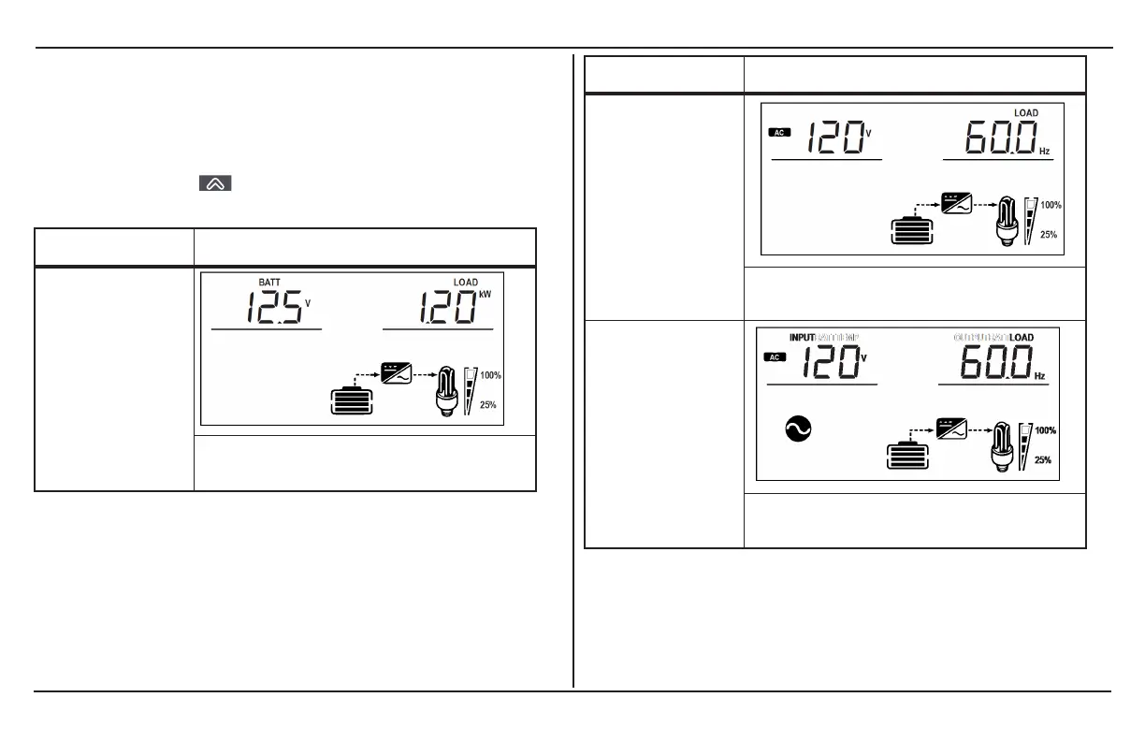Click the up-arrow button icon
(214, 184)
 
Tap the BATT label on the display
(270, 283)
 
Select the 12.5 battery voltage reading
(274, 308)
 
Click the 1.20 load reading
(448, 308)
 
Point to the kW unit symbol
(485, 295)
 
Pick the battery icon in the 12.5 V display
(352, 400)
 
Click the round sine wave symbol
(798, 429)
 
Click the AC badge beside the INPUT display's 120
(773, 356)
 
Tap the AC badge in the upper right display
(778, 132)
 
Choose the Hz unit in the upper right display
(1044, 150)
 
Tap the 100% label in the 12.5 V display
(491, 375)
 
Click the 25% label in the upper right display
(1049, 235)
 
